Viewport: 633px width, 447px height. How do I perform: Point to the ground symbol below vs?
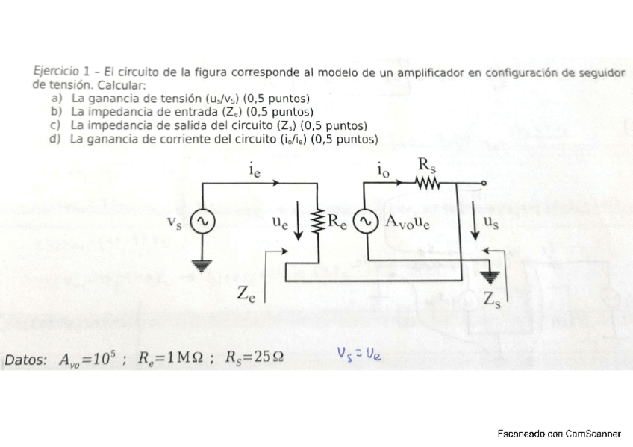tap(200, 263)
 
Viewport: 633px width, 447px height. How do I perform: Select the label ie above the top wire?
tap(255, 170)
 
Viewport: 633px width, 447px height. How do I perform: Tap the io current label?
tap(383, 171)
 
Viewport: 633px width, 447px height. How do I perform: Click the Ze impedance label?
tap(246, 294)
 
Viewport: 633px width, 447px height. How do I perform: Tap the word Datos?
tap(26, 360)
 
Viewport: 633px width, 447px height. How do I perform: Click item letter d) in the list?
tap(54, 139)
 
